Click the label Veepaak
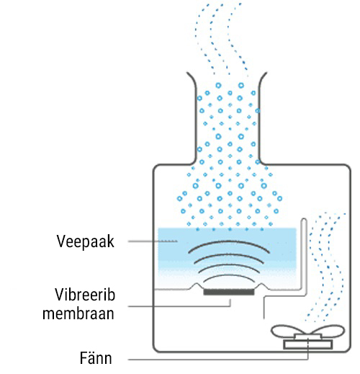click(x=85, y=241)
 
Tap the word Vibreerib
click(x=85, y=295)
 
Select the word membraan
click(x=78, y=313)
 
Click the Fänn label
click(x=96, y=358)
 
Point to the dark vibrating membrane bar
click(x=229, y=292)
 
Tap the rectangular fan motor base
click(x=308, y=344)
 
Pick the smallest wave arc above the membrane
click(x=229, y=276)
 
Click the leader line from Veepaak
click(x=153, y=241)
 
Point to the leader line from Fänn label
click(x=218, y=360)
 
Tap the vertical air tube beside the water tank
click(x=305, y=254)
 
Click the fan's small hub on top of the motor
click(x=308, y=337)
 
